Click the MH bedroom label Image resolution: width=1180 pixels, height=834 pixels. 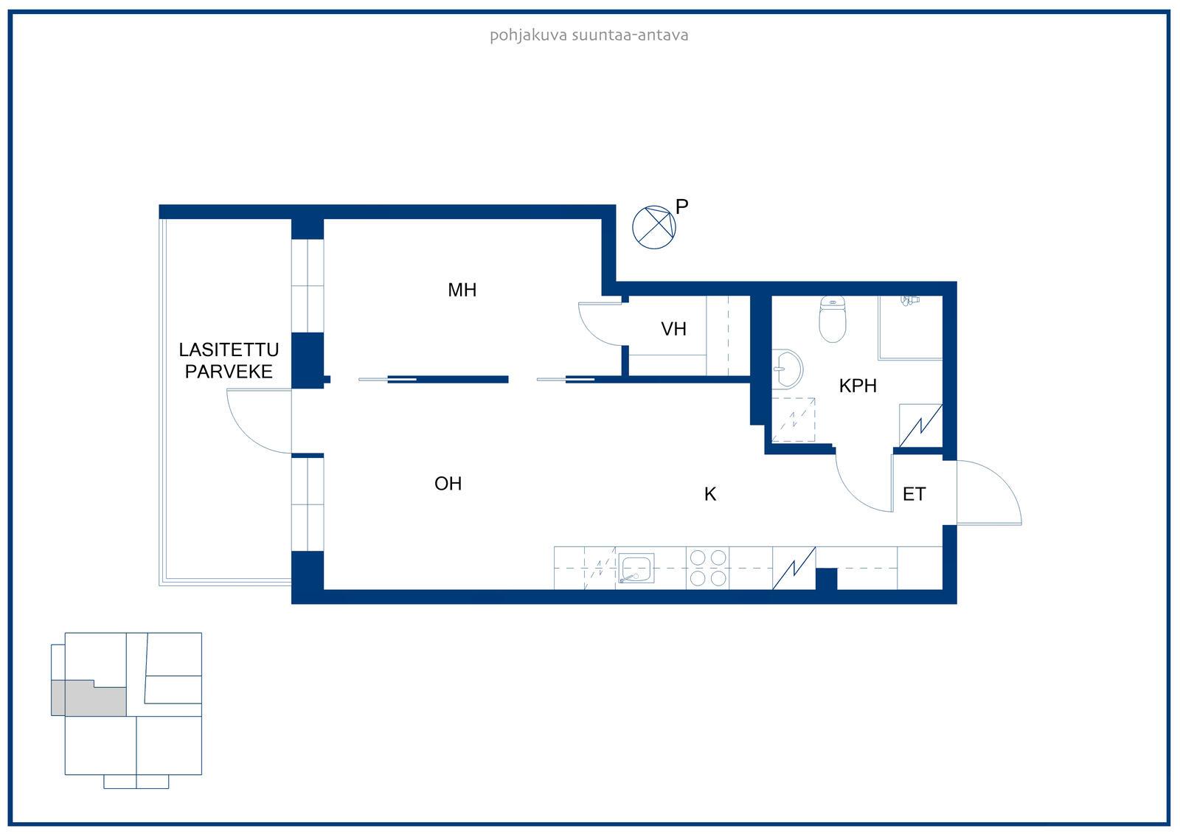462,290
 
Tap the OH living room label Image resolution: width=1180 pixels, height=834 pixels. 448,484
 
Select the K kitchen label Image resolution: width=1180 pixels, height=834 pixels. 710,494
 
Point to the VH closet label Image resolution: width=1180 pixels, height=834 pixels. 674,330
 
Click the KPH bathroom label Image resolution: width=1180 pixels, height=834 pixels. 858,386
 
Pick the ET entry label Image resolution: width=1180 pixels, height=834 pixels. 914,494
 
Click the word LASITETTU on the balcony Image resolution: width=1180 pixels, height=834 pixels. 229,350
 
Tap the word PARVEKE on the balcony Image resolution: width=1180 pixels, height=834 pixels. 229,372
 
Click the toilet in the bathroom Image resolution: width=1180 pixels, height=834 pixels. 833,319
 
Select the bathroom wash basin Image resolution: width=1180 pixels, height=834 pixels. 788,369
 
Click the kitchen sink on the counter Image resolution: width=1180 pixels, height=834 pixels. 636,568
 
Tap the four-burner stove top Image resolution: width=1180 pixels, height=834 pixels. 708,568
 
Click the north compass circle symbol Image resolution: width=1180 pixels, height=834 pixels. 653,227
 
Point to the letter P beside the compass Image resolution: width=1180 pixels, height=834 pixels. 681,207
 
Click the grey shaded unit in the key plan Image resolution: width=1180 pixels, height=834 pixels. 88,698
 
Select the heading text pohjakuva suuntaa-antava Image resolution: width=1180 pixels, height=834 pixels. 589,36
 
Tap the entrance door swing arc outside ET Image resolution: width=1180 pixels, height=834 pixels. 1004,479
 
